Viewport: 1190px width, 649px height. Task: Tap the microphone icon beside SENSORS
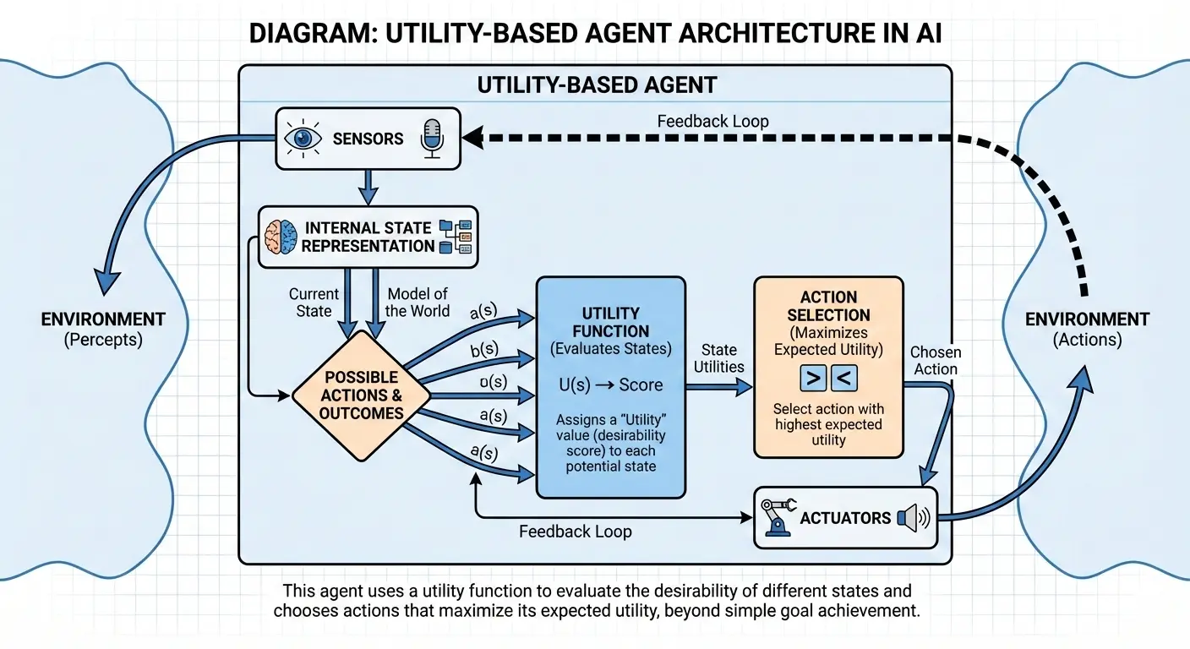432,138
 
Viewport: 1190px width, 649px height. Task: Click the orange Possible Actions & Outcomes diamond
361,395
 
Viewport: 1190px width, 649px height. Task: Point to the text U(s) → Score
610,384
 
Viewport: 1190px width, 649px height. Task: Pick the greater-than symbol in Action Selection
812,378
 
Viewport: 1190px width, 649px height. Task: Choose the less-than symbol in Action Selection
844,378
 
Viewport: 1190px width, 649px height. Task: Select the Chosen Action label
936,361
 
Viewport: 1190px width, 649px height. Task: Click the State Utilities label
718,358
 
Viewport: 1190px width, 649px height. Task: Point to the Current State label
314,303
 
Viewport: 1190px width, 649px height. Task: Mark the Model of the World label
418,303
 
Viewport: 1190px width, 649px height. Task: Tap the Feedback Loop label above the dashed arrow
712,122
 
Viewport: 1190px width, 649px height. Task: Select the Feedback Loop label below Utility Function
575,532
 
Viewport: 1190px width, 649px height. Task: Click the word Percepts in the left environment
103,341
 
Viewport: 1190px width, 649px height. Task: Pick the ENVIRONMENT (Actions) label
1087,330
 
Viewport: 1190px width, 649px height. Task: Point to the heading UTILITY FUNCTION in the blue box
610,322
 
